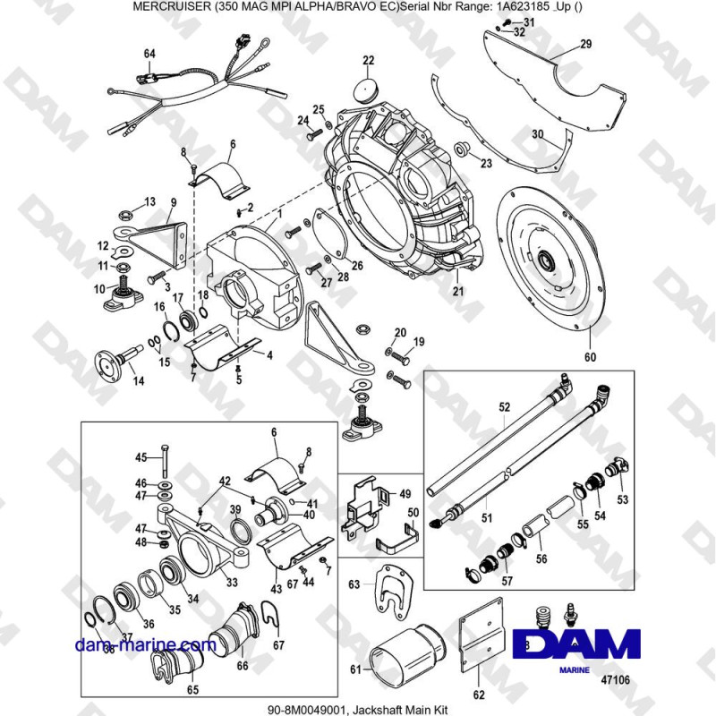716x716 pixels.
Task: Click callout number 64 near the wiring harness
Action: tap(149, 54)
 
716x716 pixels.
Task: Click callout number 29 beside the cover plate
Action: tap(585, 44)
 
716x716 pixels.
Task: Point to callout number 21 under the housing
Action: tap(457, 291)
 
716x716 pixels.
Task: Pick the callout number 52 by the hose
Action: tap(503, 407)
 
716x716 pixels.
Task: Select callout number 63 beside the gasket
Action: tap(354, 585)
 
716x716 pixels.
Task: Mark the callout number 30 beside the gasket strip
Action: tap(538, 134)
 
